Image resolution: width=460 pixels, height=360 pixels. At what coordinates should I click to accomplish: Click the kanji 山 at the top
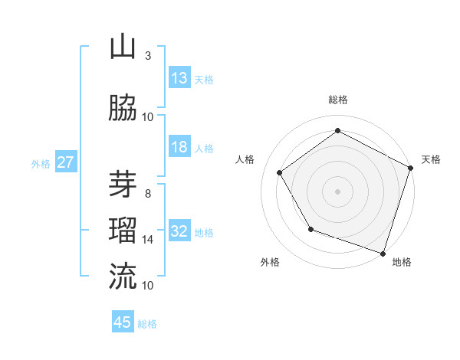[x=123, y=47]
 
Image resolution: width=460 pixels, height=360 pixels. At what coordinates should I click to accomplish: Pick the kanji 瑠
[x=123, y=229]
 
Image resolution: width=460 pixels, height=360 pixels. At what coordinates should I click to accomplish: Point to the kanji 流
[x=123, y=276]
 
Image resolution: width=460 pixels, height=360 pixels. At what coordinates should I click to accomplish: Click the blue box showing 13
[x=179, y=78]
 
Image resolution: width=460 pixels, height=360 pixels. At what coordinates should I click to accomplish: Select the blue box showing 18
[x=179, y=147]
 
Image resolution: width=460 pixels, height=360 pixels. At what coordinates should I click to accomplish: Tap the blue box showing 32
[x=179, y=231]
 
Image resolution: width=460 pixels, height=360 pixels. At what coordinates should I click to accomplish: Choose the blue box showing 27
[x=65, y=162]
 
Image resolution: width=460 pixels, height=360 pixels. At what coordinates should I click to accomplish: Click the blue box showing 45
[x=123, y=322]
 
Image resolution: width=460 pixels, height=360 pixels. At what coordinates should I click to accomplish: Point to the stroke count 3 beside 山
[x=147, y=56]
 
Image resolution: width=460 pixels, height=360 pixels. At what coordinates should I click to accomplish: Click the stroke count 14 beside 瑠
[x=148, y=240]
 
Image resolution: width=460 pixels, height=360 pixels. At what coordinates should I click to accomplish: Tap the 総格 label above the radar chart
[x=338, y=100]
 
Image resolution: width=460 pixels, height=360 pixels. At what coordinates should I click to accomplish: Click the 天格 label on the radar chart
[x=431, y=159]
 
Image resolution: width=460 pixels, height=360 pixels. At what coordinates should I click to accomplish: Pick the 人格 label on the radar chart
[x=245, y=159]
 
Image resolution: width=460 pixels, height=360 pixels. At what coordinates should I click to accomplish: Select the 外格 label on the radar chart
[x=270, y=262]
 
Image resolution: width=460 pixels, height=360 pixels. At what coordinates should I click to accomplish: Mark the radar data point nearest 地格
[x=383, y=253]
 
